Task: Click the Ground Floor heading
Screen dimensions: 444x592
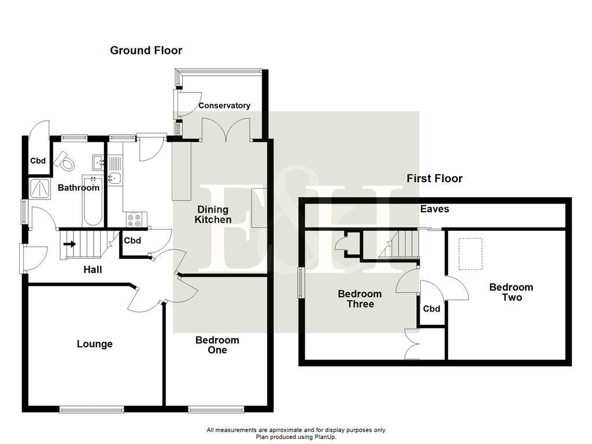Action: click(x=146, y=51)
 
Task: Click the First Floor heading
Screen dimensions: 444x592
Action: click(x=434, y=179)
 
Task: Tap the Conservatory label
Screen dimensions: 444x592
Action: click(x=224, y=106)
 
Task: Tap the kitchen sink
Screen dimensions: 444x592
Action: click(x=114, y=177)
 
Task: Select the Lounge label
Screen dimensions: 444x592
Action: click(x=95, y=345)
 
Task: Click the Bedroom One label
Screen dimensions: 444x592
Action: click(x=217, y=345)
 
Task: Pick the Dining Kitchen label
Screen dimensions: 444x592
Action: click(x=213, y=214)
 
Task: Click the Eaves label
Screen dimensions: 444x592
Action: click(x=435, y=209)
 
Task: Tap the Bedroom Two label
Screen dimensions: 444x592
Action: click(x=511, y=293)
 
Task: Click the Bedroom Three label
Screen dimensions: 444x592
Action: click(x=360, y=299)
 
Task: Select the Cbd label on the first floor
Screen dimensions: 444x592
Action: click(x=432, y=309)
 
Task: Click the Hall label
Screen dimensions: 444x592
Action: click(x=92, y=270)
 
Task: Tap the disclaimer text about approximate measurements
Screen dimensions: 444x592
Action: click(x=296, y=430)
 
